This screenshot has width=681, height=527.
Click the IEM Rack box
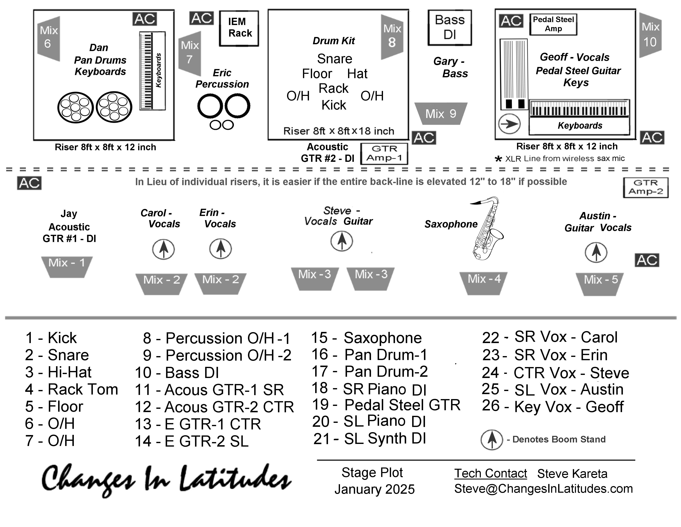point(239,28)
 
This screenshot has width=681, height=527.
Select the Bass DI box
point(449,27)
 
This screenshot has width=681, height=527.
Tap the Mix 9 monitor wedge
point(440,113)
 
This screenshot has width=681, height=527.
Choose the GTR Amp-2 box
point(645,187)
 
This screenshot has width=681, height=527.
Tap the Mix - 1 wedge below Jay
point(67,266)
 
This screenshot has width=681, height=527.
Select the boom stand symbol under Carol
point(163,249)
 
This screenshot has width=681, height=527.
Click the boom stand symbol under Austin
point(596,252)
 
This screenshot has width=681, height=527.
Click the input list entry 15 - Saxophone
point(366,338)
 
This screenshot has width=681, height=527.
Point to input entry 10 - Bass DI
point(177,373)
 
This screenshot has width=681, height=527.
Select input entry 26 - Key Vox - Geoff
point(553,406)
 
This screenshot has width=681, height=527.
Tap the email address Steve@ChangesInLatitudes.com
point(543,489)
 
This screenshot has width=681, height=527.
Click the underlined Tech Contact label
point(491,473)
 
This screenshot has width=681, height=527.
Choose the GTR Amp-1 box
point(384,153)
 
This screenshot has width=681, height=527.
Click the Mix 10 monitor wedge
point(650,35)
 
